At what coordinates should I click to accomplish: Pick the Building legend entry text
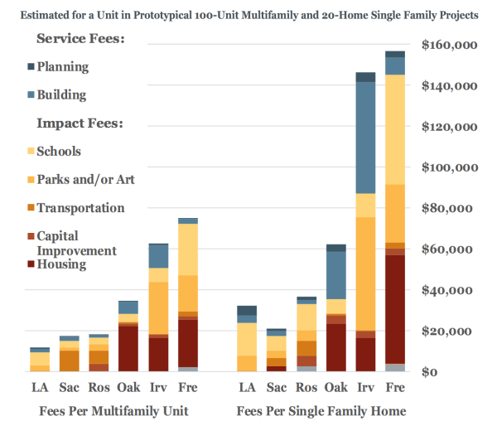[x=61, y=95]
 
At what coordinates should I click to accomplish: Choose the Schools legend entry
[x=59, y=152]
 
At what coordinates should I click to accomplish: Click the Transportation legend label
[x=81, y=208]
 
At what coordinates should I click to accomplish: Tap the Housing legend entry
[x=61, y=264]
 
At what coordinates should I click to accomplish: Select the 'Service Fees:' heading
[x=80, y=39]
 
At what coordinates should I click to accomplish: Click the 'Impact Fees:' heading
[x=80, y=123]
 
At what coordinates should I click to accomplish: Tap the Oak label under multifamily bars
[x=128, y=387]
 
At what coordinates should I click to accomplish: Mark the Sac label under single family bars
[x=277, y=387]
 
